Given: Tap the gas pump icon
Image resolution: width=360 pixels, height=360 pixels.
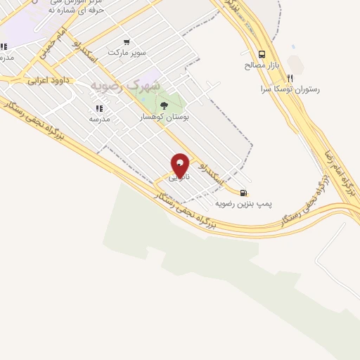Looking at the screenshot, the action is click(243, 193).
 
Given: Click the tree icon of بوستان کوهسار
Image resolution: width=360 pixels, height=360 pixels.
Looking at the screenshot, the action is click(165, 106).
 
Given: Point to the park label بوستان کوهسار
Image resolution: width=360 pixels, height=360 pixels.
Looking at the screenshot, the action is click(165, 117).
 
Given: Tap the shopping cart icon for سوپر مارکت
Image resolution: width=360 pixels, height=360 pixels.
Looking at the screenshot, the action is click(127, 42).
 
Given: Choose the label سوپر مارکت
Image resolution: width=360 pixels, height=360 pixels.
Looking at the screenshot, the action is click(127, 53).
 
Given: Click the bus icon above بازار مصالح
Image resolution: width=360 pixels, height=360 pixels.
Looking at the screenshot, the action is click(262, 55).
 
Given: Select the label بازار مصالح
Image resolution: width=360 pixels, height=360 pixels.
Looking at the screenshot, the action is click(262, 65).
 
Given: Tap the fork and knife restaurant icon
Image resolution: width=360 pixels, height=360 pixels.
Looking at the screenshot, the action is click(289, 79).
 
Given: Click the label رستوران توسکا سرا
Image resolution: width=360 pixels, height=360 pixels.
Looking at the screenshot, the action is click(290, 89).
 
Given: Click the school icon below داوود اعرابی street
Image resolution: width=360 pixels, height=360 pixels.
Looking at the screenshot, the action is click(98, 109).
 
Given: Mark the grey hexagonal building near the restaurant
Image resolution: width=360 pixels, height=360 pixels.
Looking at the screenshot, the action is click(296, 65).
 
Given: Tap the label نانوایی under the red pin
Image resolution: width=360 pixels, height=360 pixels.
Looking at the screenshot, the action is click(179, 177).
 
